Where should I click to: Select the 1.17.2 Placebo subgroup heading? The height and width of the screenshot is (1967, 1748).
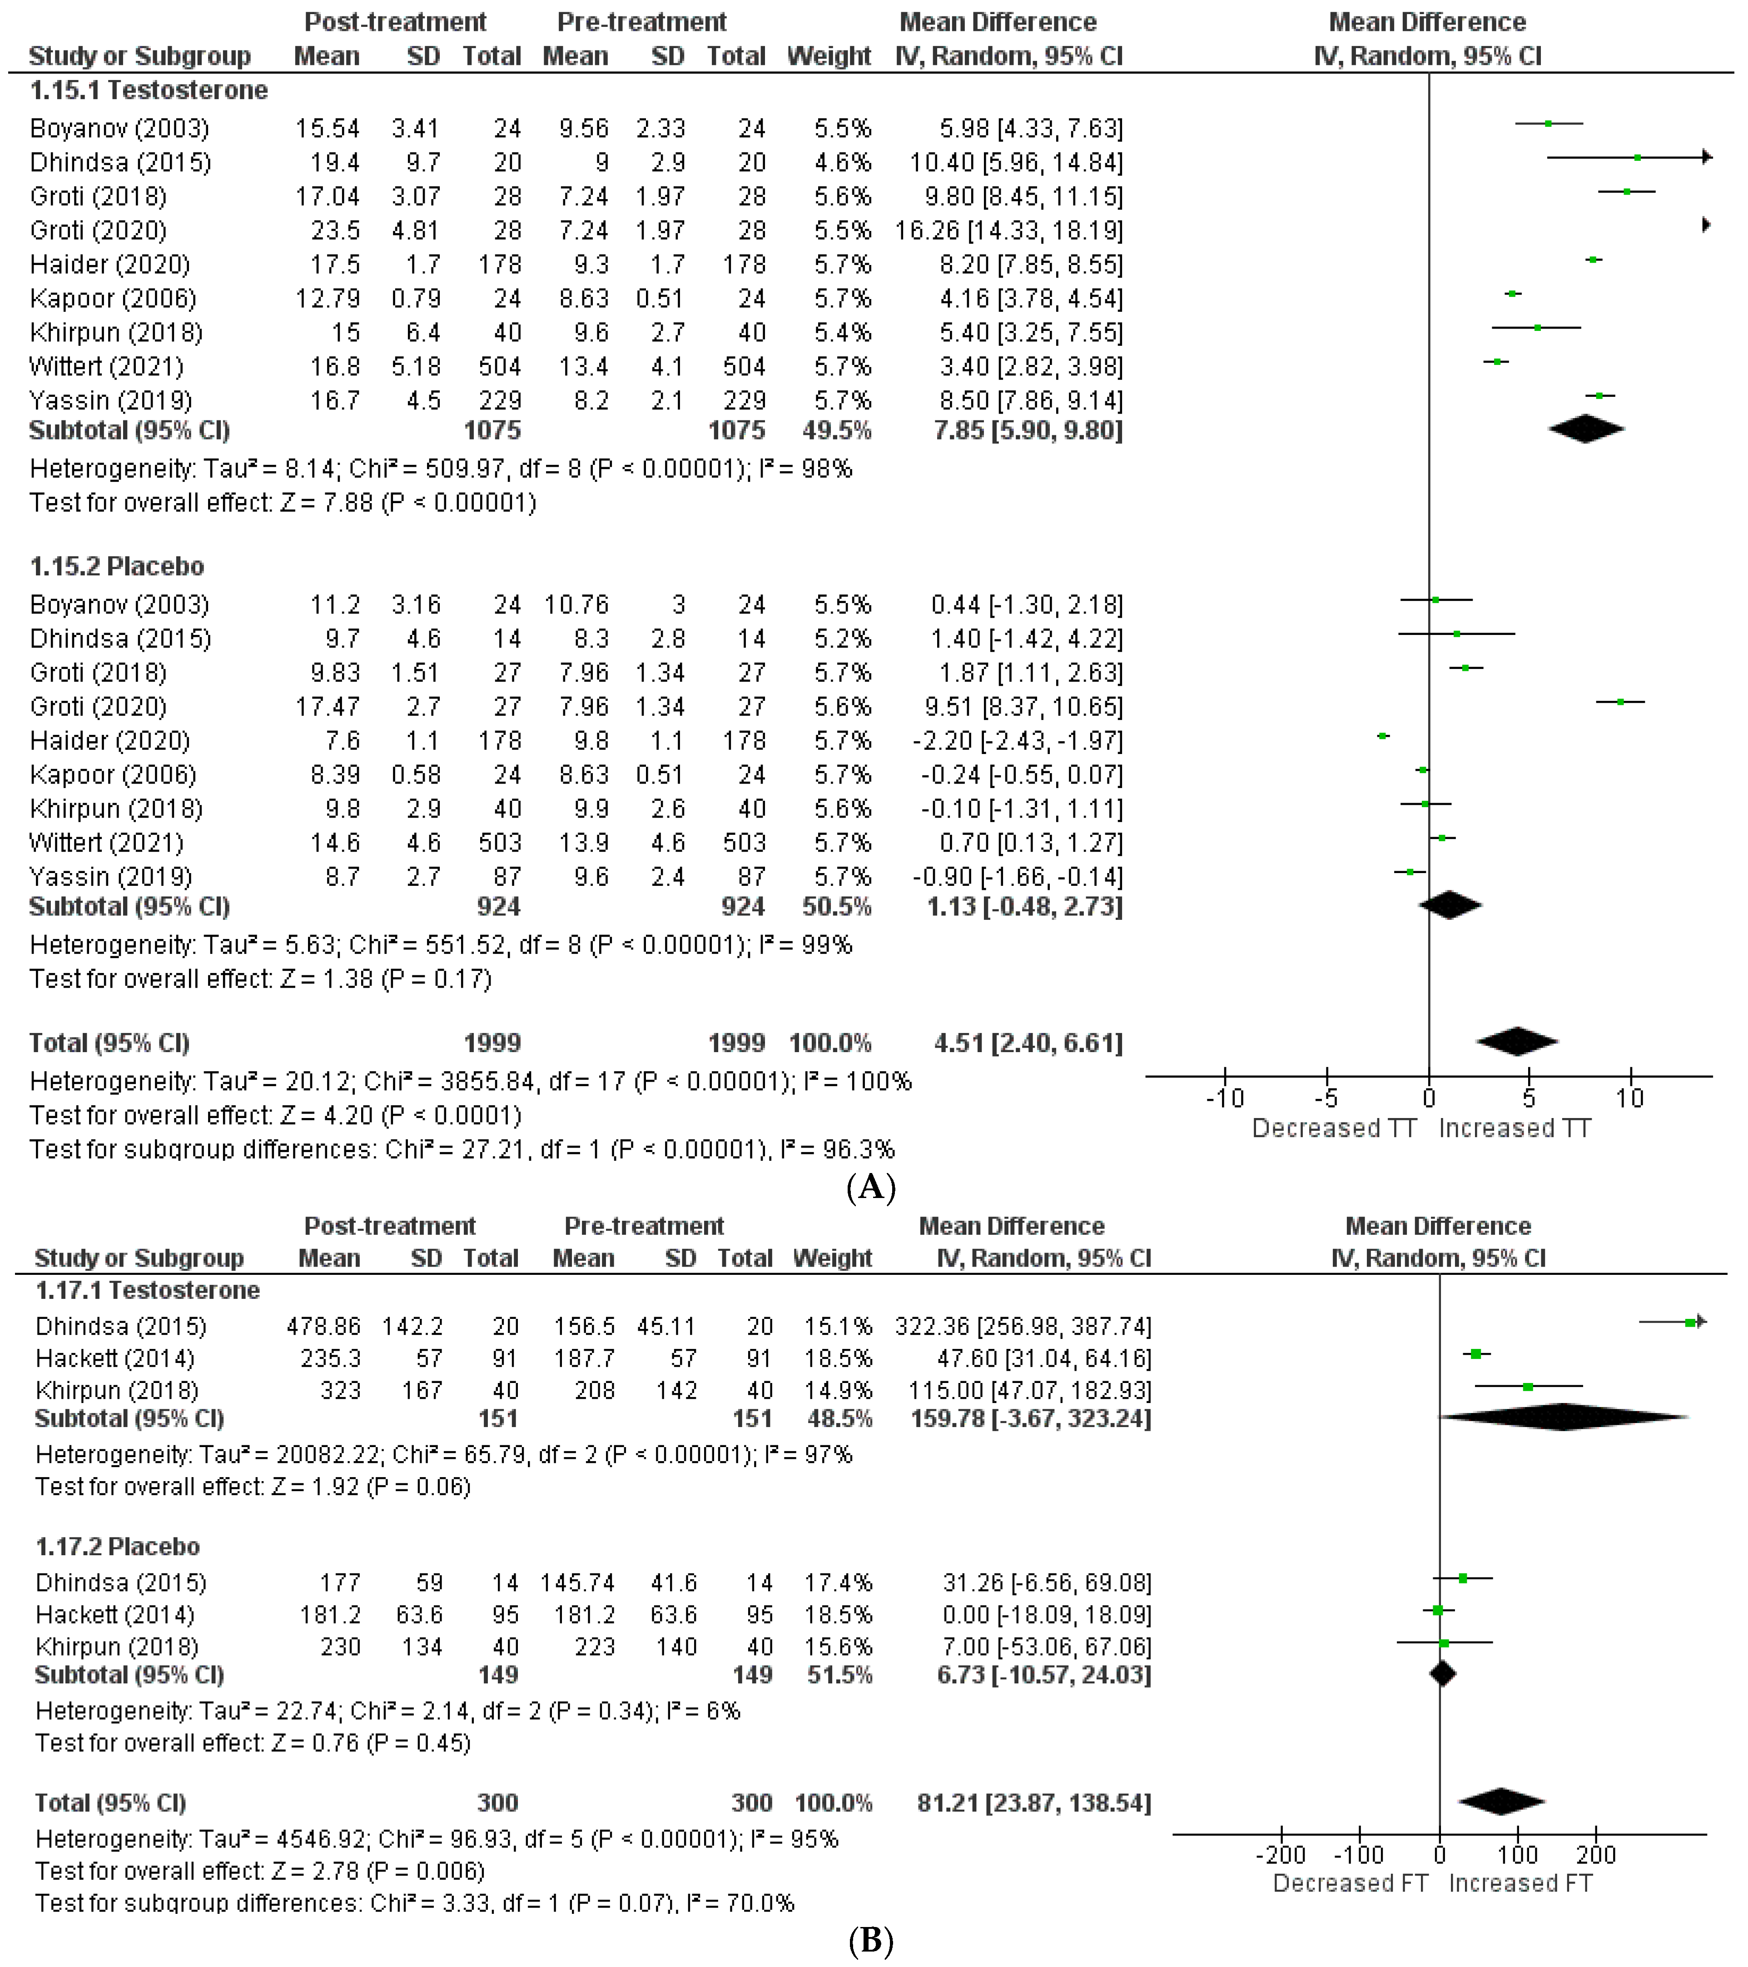pyautogui.click(x=117, y=1547)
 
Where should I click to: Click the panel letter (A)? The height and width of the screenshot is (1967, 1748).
pyautogui.click(x=871, y=1188)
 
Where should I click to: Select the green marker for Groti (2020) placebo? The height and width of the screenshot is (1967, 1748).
pyautogui.click(x=1621, y=703)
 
